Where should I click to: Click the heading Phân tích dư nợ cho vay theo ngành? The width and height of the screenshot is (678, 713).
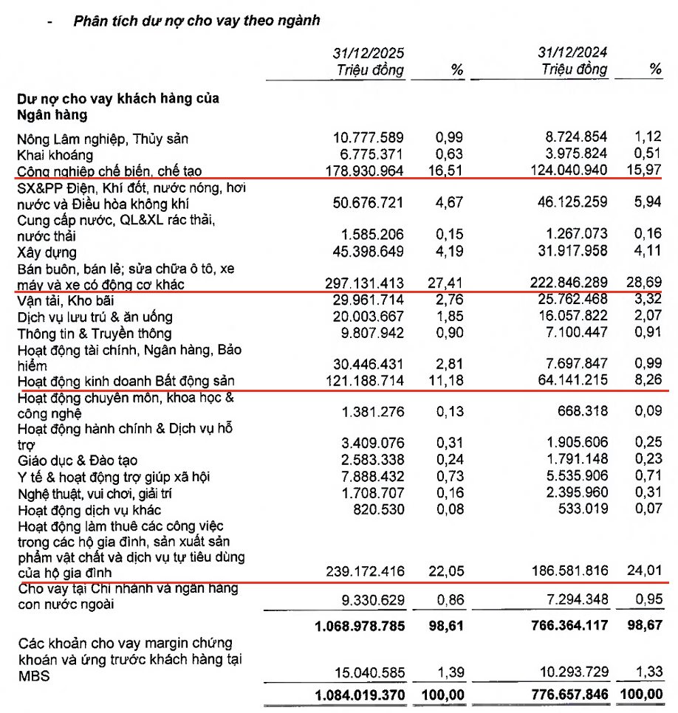click(196, 21)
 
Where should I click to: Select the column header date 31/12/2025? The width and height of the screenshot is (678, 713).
click(368, 54)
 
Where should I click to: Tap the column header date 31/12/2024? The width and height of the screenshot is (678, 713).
click(574, 54)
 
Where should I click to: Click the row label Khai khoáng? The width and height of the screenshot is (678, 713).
click(55, 154)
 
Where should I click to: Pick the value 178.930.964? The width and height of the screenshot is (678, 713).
click(365, 171)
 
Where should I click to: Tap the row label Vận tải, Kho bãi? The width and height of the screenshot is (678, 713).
click(65, 300)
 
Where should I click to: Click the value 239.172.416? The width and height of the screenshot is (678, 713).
click(365, 571)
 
